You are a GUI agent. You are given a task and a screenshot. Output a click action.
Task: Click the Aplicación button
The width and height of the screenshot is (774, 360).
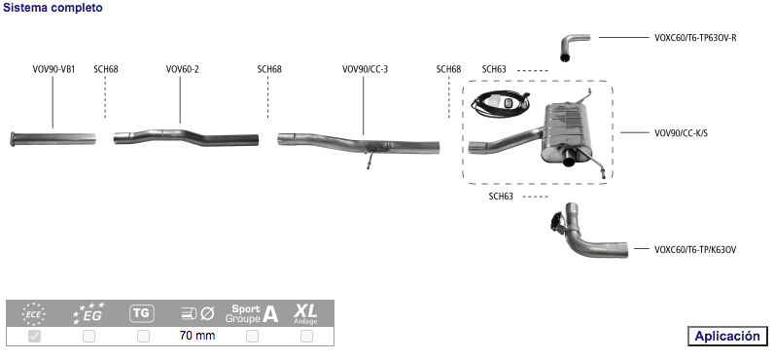pos(727,337)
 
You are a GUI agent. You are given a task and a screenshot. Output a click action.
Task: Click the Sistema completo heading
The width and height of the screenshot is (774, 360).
pos(53,8)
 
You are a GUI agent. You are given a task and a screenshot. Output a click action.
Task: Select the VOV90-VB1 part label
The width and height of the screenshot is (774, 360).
pos(53,69)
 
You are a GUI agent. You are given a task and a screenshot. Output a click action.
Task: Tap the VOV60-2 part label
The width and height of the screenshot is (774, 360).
pos(182,69)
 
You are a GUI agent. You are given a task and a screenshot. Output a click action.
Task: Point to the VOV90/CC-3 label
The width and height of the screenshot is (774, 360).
pos(365,69)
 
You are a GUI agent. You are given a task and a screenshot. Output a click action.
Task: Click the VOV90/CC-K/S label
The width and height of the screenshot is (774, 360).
pos(681,133)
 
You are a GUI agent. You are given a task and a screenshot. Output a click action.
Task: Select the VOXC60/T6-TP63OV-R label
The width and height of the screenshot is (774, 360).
pos(695,38)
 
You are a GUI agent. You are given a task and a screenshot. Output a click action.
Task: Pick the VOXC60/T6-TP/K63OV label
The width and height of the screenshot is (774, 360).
pos(695,249)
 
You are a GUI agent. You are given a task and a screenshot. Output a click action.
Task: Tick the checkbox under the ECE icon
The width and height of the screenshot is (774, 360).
pos(35,337)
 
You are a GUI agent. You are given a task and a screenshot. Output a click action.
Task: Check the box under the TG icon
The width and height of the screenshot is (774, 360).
pos(143,337)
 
